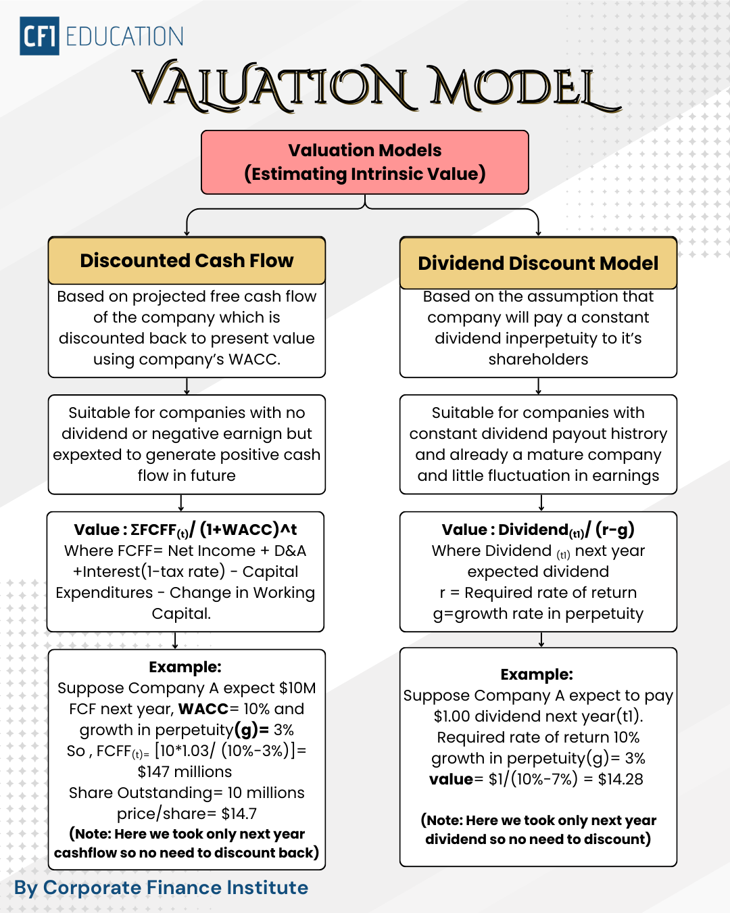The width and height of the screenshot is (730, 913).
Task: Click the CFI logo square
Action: pos(39,36)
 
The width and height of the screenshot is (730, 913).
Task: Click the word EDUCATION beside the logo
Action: pos(124,37)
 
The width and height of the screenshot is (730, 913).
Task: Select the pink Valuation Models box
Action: pos(365,162)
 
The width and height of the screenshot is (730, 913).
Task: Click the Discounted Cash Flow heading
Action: pos(187,260)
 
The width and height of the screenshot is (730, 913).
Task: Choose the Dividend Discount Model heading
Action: pos(538,263)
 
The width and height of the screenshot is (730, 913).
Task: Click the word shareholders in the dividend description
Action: pos(538,359)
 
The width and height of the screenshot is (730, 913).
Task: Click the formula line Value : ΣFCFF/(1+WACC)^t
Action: pos(185,530)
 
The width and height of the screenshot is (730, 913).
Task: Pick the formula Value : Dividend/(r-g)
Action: pos(538,530)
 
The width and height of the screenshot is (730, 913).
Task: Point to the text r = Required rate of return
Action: pos(538,592)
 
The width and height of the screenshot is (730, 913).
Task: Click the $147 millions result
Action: pos(185,772)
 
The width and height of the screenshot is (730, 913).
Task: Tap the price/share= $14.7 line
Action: pos(187,814)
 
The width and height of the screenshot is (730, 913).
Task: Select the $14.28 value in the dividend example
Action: pos(620,779)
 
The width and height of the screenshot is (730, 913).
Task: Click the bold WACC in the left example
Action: pos(203,709)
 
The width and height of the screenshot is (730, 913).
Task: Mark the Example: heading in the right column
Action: pos(537,674)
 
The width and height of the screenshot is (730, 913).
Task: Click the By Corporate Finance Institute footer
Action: pos(161,887)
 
